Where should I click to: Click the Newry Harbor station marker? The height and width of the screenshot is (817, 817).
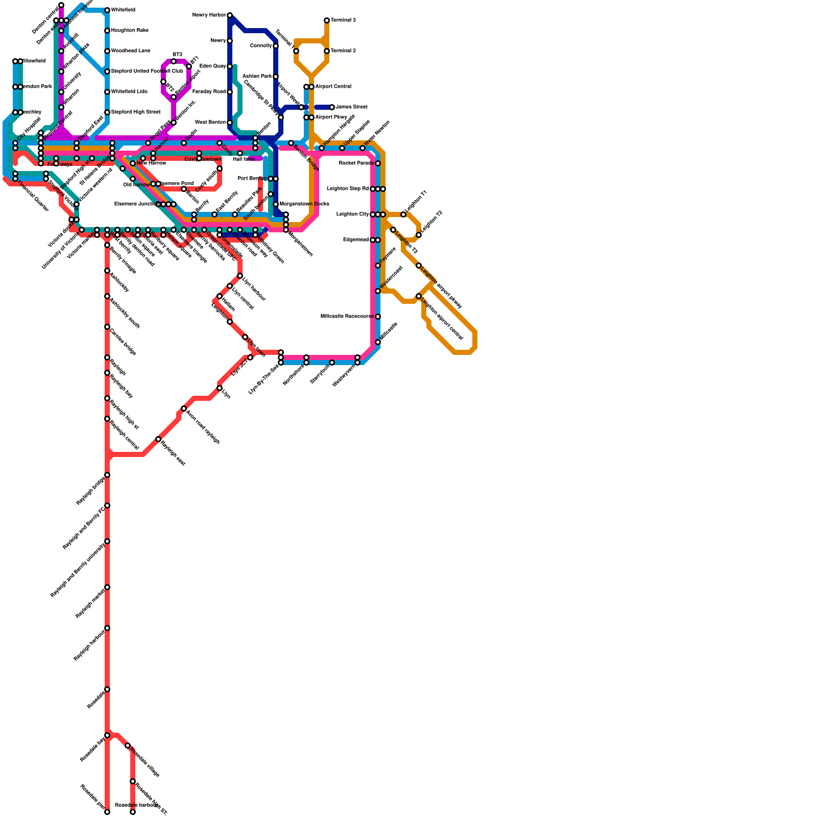click(230, 15)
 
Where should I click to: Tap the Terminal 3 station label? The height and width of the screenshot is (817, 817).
click(343, 20)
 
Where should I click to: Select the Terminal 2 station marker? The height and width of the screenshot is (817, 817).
click(327, 51)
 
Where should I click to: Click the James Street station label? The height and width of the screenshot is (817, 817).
click(351, 107)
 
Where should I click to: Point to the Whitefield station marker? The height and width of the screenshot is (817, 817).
click(107, 10)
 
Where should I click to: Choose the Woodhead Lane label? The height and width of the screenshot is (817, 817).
click(131, 51)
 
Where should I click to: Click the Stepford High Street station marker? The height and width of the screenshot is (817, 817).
click(107, 112)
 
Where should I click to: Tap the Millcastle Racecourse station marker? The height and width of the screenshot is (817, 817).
click(378, 317)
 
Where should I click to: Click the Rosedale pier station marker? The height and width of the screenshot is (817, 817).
click(107, 812)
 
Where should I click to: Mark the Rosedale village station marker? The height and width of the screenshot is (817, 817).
click(128, 746)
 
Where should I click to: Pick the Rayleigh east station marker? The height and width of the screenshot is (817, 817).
click(158, 439)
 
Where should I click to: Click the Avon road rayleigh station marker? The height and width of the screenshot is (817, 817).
click(184, 408)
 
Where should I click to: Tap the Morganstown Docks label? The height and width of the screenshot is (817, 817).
click(304, 204)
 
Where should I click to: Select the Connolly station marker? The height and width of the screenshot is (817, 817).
click(276, 46)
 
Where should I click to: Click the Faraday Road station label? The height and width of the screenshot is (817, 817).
click(209, 92)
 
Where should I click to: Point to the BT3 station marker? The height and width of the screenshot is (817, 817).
click(174, 61)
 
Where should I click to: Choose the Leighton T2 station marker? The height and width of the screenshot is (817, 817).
click(419, 235)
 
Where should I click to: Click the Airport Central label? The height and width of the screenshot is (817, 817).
click(333, 87)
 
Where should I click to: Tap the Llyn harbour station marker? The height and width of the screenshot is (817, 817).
click(240, 276)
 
